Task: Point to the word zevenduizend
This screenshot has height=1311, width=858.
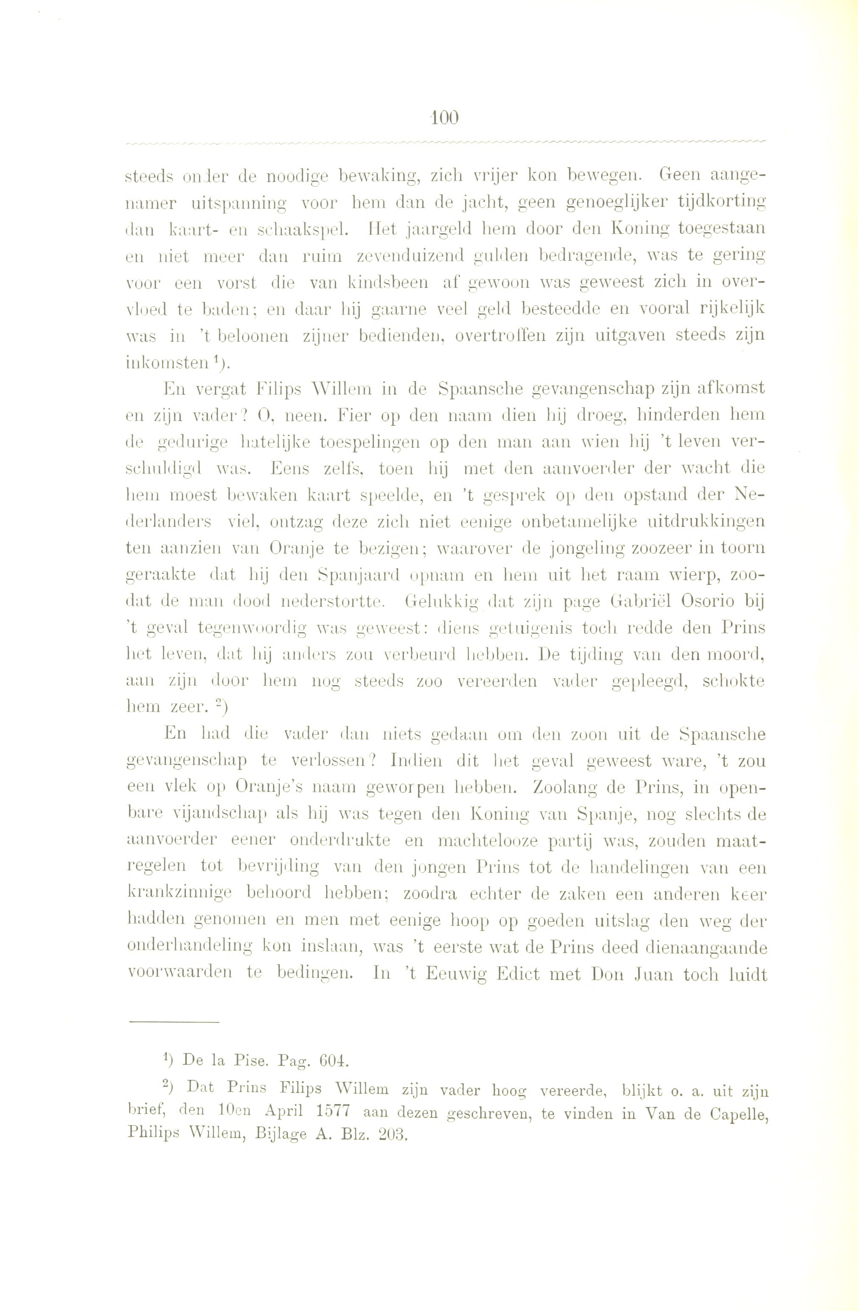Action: coord(410,256)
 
